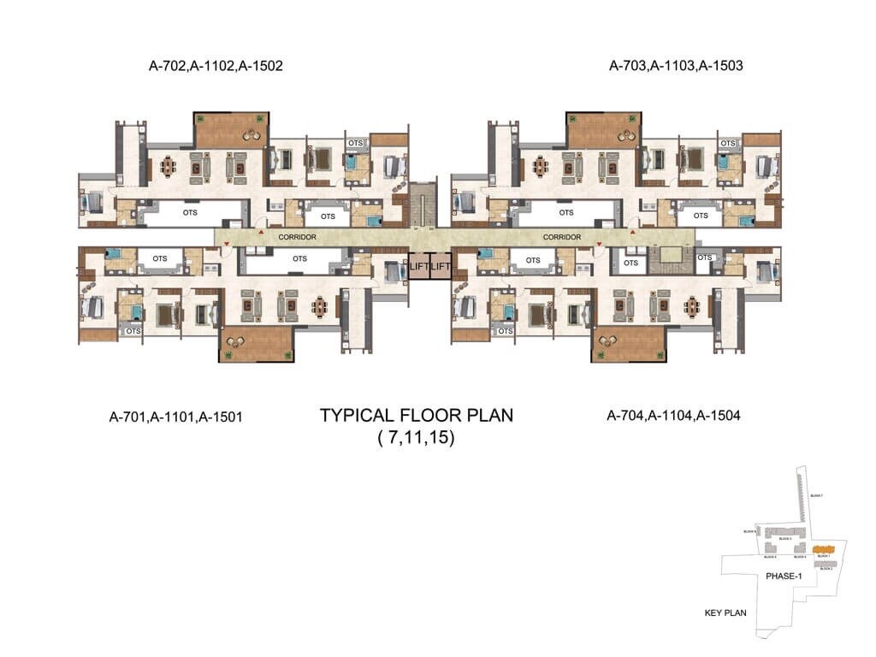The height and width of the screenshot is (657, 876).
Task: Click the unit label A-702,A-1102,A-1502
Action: (x=215, y=65)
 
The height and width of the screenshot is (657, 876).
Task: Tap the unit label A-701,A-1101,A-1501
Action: (x=177, y=417)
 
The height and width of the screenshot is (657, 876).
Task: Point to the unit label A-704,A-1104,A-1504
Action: (x=673, y=416)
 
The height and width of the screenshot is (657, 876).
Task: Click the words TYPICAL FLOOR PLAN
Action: (x=416, y=417)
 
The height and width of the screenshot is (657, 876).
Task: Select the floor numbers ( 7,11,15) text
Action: (x=416, y=440)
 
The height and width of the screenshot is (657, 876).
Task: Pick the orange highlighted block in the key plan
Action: (x=823, y=548)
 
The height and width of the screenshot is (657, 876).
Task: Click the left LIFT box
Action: (x=417, y=266)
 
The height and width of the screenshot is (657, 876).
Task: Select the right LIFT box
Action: (x=440, y=266)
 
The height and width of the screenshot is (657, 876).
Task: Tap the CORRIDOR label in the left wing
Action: (x=298, y=237)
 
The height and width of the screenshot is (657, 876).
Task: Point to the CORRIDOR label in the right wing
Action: (x=562, y=237)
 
